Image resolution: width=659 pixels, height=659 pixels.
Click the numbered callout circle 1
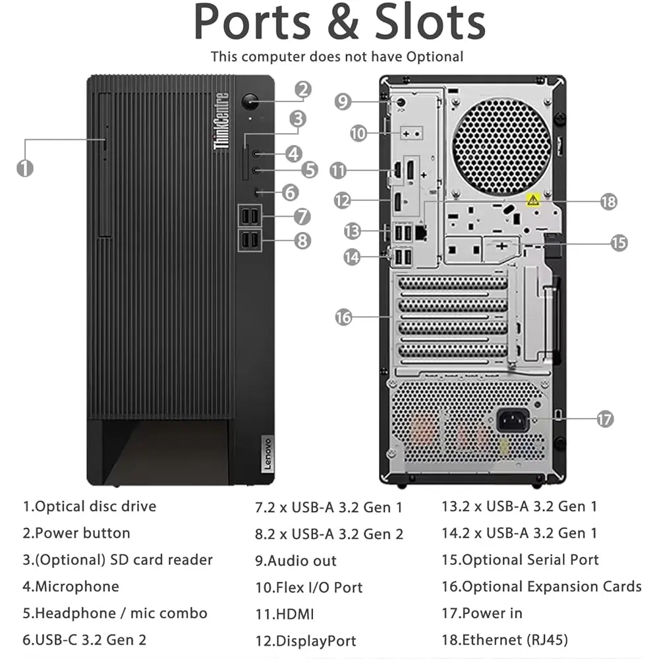[x=25, y=167]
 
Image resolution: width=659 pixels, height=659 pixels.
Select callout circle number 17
[x=604, y=418]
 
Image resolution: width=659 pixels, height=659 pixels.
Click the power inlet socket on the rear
[x=513, y=420]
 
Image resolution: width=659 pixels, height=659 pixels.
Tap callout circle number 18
[x=608, y=201]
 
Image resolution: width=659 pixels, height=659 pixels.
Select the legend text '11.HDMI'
[x=285, y=614]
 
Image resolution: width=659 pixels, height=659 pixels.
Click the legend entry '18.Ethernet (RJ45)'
[x=504, y=639]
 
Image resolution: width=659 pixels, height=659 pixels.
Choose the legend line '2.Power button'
[x=76, y=533]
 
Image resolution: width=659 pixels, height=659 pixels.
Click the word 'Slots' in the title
[x=430, y=23]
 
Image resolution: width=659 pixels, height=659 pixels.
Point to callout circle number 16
[x=343, y=317]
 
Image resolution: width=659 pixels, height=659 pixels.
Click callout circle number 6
[x=291, y=192]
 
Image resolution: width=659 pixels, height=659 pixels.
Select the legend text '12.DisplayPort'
[x=306, y=641]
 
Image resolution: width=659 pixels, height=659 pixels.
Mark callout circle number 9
[x=343, y=101]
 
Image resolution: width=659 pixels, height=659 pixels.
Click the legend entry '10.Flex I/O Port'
[x=309, y=587]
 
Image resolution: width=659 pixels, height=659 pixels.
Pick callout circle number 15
[x=618, y=243]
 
